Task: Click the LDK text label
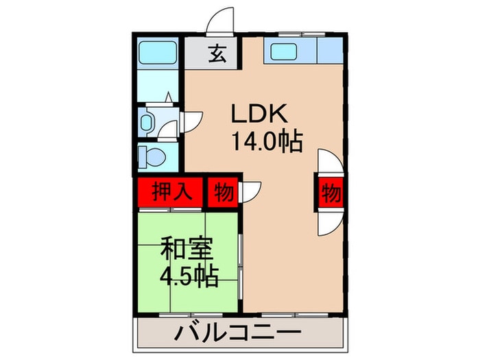(259, 113)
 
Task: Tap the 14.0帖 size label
(267, 141)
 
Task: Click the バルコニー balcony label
(237, 333)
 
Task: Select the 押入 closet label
(172, 193)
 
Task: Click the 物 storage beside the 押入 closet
(224, 193)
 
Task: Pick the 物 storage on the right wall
(331, 193)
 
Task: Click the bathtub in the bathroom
(158, 52)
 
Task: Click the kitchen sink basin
(283, 51)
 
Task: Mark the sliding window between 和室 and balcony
(191, 314)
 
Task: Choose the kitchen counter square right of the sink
(330, 51)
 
